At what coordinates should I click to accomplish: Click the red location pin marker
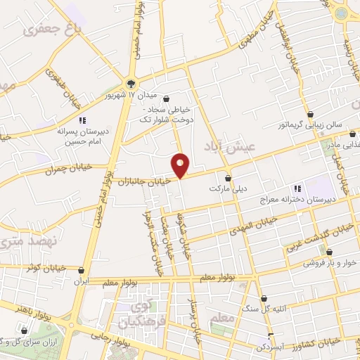coord(181,165)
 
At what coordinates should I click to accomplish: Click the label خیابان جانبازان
coord(146,181)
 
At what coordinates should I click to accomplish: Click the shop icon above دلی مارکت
coord(228,177)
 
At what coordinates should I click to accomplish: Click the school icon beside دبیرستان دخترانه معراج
coord(297,188)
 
